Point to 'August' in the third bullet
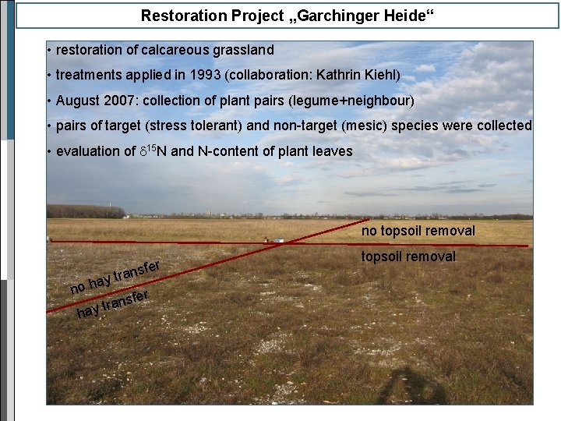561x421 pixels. (78, 101)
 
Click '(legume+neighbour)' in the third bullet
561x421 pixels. (360, 101)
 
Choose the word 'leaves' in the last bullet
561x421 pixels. (332, 151)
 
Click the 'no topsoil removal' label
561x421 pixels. (418, 231)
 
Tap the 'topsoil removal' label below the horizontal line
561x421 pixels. (408, 256)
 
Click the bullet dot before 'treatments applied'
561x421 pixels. (49, 76)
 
